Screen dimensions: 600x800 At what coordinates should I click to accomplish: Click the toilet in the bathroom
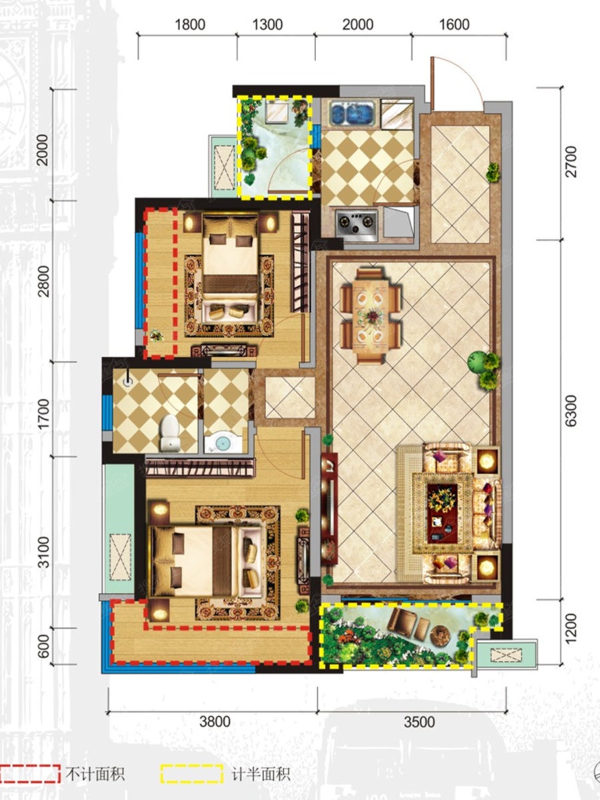(170, 432)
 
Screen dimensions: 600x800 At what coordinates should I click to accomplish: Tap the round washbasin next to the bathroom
(222, 443)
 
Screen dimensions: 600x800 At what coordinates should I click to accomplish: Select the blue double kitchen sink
(351, 112)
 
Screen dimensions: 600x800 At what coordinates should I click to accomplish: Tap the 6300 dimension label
(571, 410)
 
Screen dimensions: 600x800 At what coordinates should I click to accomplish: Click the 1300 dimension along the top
(267, 25)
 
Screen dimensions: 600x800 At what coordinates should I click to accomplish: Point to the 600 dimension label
(43, 646)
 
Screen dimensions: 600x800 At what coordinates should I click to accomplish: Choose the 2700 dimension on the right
(571, 161)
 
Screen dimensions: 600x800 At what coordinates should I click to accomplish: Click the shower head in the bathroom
(127, 382)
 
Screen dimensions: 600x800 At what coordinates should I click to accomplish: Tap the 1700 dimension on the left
(43, 415)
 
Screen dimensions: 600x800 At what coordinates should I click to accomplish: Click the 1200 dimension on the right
(571, 629)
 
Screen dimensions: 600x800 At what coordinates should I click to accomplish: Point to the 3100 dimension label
(43, 553)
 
